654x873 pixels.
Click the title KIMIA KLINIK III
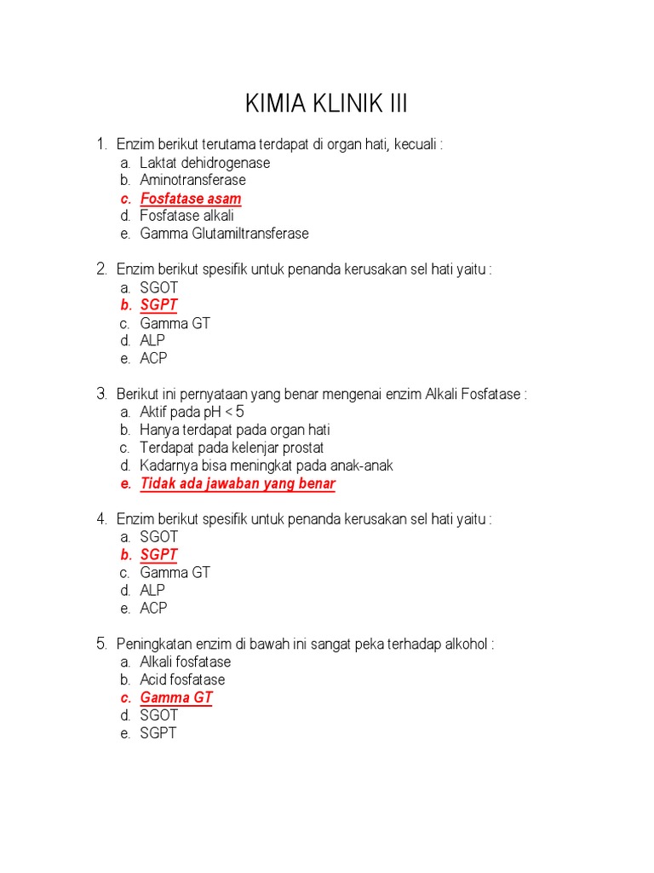point(326,104)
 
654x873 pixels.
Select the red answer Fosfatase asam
point(191,199)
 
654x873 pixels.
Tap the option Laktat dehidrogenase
point(205,163)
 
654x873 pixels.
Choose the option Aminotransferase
point(193,180)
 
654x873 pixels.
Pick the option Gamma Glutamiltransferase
point(225,234)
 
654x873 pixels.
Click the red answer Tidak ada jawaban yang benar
point(238,484)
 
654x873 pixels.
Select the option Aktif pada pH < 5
point(192,412)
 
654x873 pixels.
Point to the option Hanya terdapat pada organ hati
point(235,430)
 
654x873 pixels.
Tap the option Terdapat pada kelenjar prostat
point(232,448)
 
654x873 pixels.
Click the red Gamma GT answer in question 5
point(176,697)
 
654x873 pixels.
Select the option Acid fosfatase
point(182,679)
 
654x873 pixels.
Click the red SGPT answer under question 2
point(159,305)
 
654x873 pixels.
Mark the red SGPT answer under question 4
point(159,555)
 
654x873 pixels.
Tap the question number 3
point(101,394)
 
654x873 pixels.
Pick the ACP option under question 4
point(154,608)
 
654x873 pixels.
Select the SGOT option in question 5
point(159,715)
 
